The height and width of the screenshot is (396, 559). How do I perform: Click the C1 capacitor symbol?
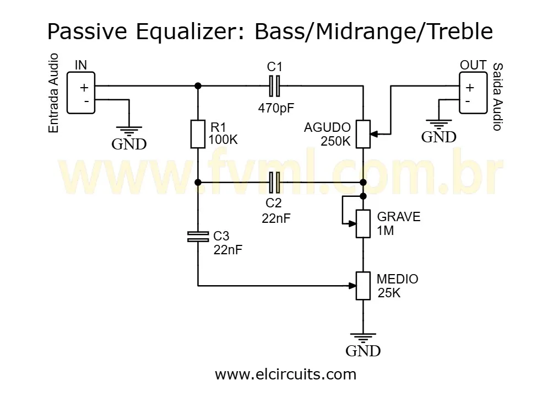(x=274, y=85)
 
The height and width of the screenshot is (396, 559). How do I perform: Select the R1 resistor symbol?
(x=198, y=133)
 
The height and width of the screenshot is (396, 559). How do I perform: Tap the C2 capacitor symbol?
(x=274, y=181)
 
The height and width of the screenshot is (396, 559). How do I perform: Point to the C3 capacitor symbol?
(x=198, y=237)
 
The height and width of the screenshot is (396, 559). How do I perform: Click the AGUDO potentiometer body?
(x=362, y=133)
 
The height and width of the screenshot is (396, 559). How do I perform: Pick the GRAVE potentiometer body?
(x=362, y=223)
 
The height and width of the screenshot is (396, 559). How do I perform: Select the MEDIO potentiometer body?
(x=362, y=286)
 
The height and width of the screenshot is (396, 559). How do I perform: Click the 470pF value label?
(x=276, y=108)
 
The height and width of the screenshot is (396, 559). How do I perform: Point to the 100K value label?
(x=223, y=140)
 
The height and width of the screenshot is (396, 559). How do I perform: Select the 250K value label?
(x=335, y=141)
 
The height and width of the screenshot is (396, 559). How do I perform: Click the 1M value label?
(x=386, y=231)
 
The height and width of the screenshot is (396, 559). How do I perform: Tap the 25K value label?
(x=389, y=293)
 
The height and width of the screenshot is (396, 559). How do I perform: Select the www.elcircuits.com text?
(x=285, y=374)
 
